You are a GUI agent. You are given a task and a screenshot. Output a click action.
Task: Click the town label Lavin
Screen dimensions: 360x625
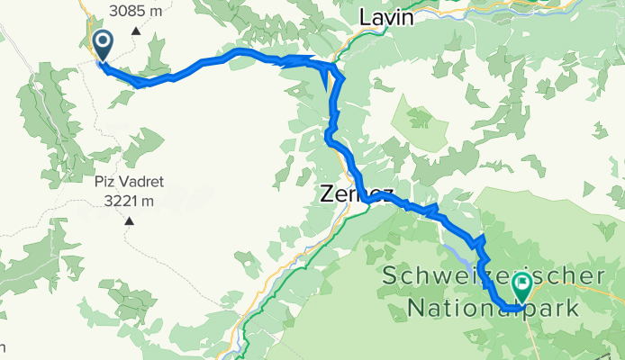[386, 17]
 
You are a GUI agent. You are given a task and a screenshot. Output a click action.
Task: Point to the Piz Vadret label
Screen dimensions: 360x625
[128, 182]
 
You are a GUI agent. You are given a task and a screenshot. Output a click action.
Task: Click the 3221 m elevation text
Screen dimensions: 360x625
[128, 200]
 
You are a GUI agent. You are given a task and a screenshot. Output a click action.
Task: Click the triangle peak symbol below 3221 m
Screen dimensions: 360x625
[129, 220]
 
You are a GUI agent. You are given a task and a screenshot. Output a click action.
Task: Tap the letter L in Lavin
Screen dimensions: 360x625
[365, 17]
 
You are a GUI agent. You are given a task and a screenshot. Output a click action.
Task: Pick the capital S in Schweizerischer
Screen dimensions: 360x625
[391, 275]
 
